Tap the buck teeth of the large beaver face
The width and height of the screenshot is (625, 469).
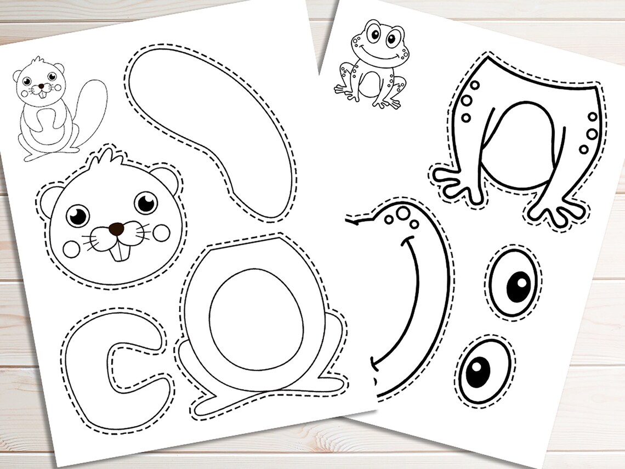[x=119, y=251]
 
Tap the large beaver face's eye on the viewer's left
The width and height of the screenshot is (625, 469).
[x=77, y=215]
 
